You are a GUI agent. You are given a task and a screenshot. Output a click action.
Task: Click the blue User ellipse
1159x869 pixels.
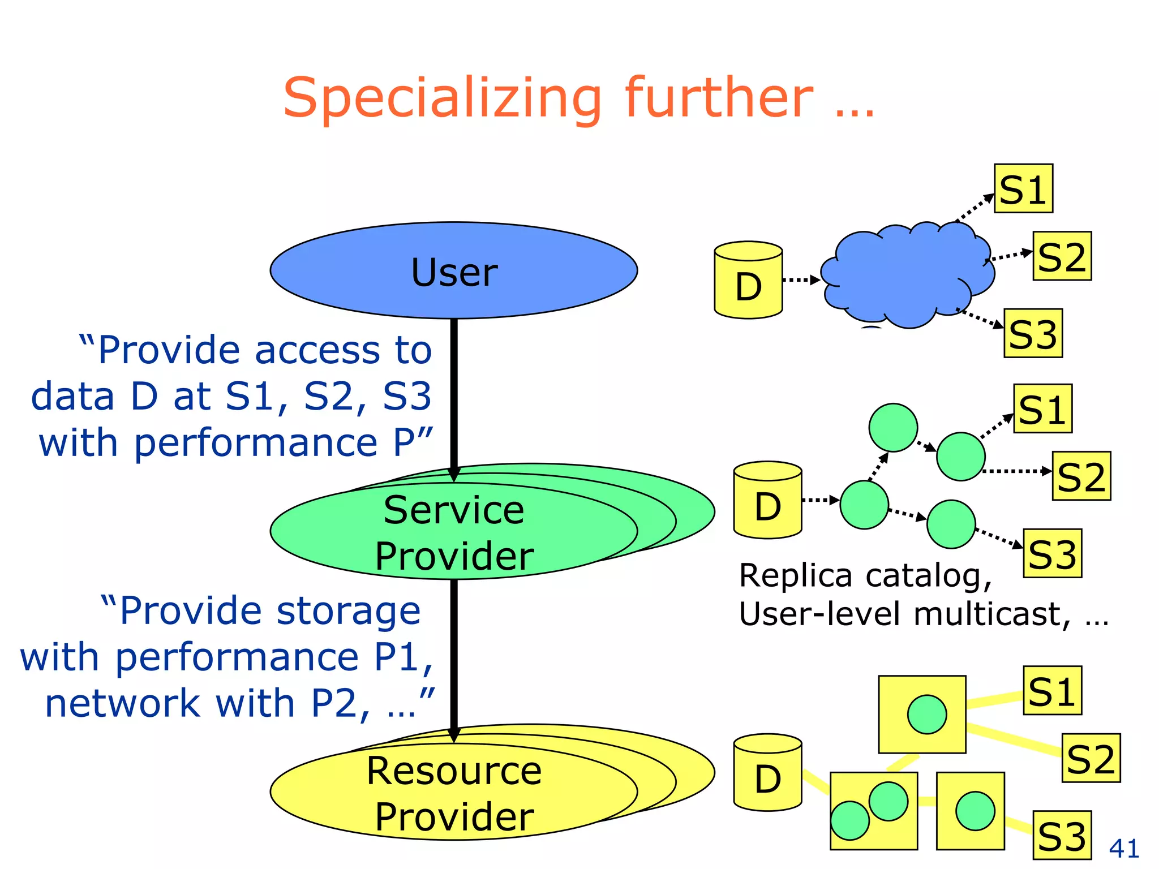tap(453, 270)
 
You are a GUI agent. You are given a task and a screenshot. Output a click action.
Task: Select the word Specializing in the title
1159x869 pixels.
tap(442, 98)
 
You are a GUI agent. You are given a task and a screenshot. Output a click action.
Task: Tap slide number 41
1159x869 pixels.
tap(1124, 848)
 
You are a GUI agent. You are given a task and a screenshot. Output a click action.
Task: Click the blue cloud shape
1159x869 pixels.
tap(905, 277)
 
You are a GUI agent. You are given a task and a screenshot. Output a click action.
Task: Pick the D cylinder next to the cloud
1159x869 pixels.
tap(748, 281)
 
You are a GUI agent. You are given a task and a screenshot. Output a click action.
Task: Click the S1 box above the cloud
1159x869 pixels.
tap(1023, 189)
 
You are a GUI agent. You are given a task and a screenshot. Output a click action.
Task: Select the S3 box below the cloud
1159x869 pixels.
tap(1033, 333)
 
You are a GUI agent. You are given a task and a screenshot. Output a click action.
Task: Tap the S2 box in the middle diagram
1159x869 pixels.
tap(1081, 476)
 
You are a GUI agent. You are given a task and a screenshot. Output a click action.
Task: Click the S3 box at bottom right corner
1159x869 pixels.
tap(1062, 835)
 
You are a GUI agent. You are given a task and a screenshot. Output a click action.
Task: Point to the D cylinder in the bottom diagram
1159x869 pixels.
tap(767, 773)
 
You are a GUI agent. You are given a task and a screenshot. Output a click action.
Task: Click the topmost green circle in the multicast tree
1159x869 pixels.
tap(893, 428)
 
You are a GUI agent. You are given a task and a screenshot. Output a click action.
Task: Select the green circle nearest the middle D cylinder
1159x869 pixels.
tap(864, 505)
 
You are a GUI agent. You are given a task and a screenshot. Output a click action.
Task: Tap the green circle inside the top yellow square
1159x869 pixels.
tap(927, 714)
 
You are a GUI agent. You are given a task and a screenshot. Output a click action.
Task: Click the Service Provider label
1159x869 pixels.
tap(454, 532)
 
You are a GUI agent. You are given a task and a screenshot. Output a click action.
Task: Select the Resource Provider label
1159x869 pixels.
tap(454, 793)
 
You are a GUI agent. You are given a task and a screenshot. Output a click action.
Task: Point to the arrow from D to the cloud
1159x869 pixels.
tap(801, 279)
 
